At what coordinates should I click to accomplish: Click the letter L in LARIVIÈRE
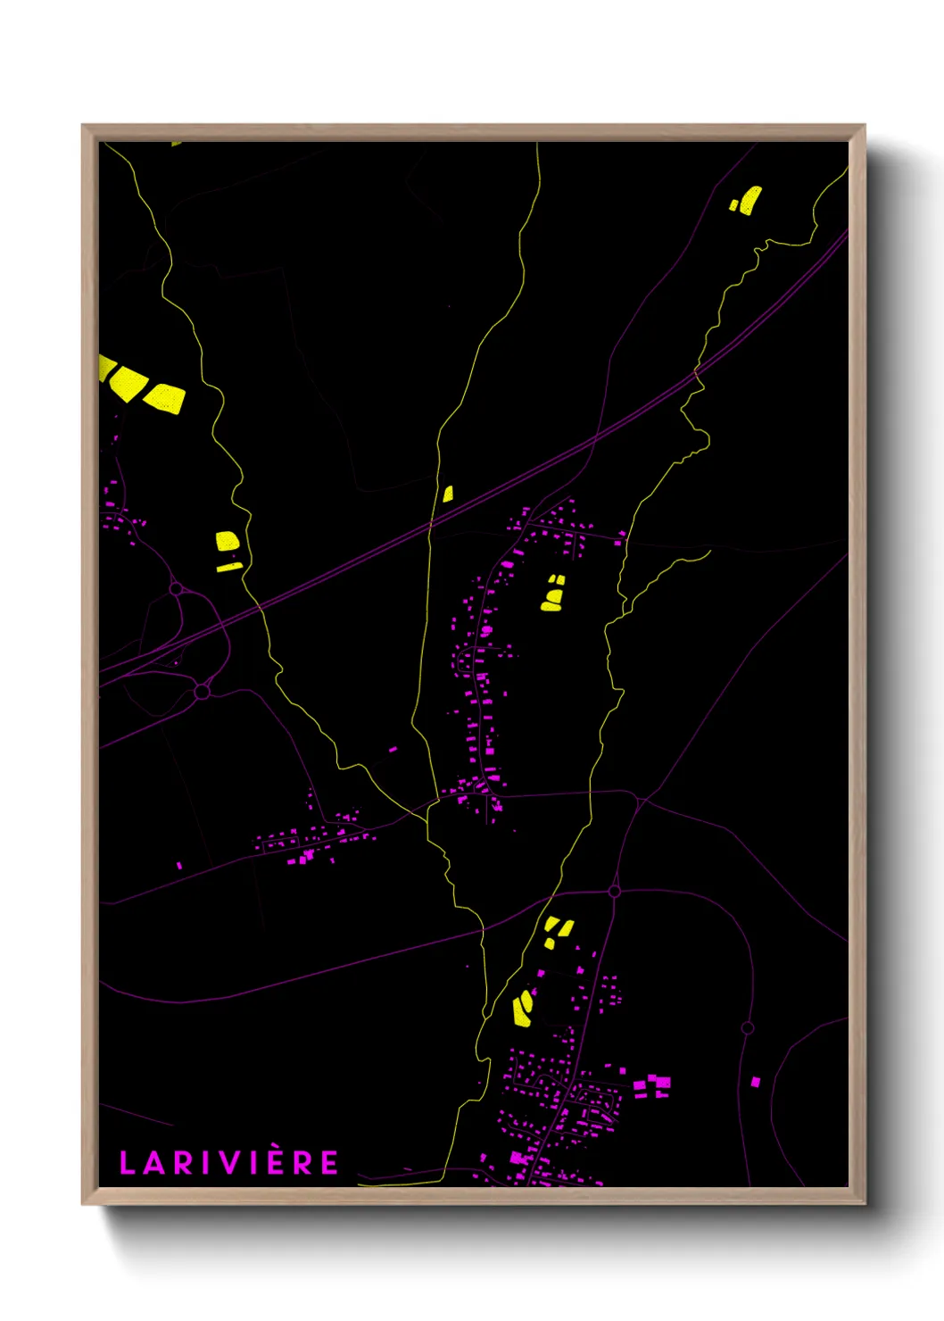pos(127,1163)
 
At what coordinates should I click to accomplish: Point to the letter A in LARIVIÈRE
pos(152,1163)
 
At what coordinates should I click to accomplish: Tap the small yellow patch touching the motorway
pos(448,494)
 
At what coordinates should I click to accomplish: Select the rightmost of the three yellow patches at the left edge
pos(165,398)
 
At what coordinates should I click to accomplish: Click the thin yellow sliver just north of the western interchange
pos(229,566)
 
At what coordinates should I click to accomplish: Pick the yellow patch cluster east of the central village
pos(553,594)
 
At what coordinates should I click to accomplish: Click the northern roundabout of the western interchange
pos(176,589)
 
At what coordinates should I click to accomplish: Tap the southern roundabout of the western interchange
pos(202,691)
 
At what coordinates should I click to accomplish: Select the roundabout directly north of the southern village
pos(614,891)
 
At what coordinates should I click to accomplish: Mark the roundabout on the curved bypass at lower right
pos(748,1028)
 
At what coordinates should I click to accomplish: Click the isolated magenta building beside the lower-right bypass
pos(756,1082)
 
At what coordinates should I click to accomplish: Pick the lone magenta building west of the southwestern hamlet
pos(179,865)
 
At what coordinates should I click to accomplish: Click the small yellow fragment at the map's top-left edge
pos(176,143)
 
